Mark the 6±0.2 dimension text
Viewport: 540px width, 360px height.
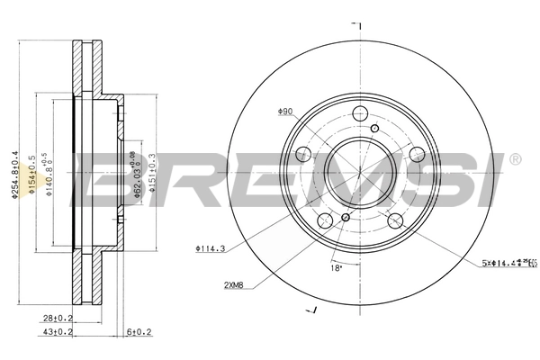[x=139, y=332]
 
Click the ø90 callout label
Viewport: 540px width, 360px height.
[x=285, y=112]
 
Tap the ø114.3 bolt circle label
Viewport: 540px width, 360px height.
[x=209, y=248]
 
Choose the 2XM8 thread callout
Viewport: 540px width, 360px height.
[x=237, y=285]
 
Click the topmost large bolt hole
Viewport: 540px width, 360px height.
[x=360, y=113]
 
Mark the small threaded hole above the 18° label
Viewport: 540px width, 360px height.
[x=346, y=217]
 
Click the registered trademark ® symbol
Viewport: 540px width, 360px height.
[x=514, y=160]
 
